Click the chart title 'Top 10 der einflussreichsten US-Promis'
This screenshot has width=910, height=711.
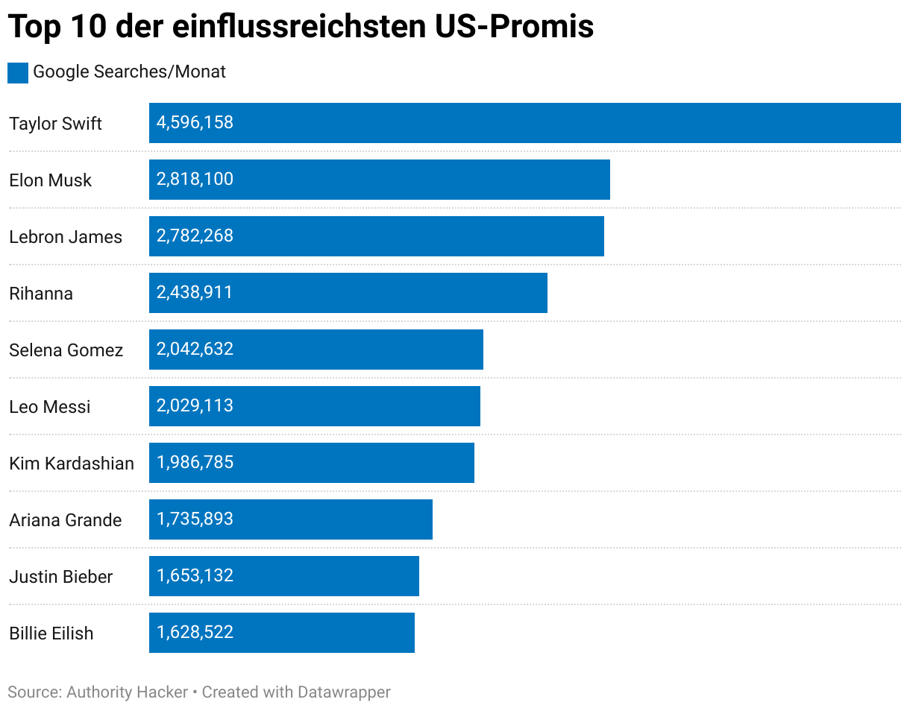tap(301, 27)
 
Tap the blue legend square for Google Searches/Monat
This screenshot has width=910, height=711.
tap(18, 72)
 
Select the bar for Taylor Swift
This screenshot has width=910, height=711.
tap(524, 123)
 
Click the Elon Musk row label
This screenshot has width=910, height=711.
tap(51, 180)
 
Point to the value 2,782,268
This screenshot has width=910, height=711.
tap(195, 236)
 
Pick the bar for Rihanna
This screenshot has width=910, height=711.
tap(348, 293)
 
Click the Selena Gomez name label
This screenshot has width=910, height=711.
tap(66, 350)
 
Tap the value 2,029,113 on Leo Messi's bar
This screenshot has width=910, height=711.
tap(195, 406)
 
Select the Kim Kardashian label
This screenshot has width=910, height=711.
tap(72, 464)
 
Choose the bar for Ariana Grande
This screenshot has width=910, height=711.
tap(290, 519)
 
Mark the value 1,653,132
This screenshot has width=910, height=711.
tap(195, 576)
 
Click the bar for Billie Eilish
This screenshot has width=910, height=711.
tap(281, 633)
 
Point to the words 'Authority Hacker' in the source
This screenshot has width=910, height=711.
tap(128, 692)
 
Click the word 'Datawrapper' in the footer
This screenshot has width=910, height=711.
tap(344, 692)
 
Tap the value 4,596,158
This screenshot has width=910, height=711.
tap(195, 123)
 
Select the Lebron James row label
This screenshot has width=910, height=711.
tap(66, 237)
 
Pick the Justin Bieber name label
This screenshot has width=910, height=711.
tap(61, 577)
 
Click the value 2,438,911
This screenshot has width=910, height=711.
tap(195, 293)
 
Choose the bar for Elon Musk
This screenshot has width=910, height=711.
tap(379, 180)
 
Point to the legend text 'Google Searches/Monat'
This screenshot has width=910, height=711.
tap(129, 72)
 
